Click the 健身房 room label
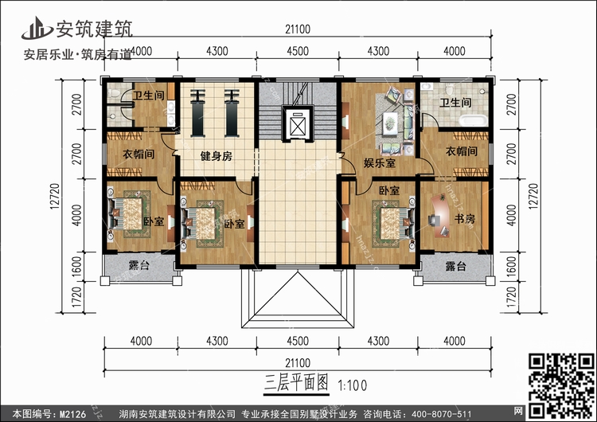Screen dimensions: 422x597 [x=216, y=157]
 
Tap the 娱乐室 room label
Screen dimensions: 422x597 [x=370, y=162]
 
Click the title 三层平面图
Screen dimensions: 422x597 [x=295, y=381]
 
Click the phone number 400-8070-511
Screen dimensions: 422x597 [x=441, y=413]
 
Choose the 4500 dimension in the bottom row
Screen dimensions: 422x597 [x=296, y=342]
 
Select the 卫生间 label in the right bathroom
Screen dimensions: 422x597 [x=456, y=103]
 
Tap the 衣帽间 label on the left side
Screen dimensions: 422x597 [x=137, y=155]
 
